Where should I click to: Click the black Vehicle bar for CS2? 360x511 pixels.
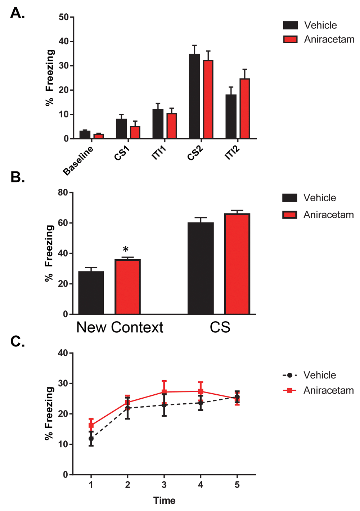click(194, 97)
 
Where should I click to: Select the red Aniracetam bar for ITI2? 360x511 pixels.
click(245, 109)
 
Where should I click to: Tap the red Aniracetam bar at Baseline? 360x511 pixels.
click(99, 136)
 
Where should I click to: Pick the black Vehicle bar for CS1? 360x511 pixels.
click(121, 129)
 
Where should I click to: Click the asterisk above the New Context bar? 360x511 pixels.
click(126, 249)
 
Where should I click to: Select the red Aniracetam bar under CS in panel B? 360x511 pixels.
click(237, 264)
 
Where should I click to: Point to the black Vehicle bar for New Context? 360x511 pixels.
click(91, 293)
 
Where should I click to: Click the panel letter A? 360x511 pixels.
click(17, 13)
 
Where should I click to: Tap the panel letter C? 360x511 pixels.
click(17, 341)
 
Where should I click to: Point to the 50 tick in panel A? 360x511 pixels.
click(64, 17)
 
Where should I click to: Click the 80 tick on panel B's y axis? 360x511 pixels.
click(63, 193)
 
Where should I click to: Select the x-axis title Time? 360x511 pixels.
click(164, 501)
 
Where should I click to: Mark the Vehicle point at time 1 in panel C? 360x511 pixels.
click(91, 439)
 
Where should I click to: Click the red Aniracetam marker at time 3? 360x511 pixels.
click(164, 392)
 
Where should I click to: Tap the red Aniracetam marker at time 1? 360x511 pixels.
click(91, 425)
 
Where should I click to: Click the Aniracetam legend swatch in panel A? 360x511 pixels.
click(290, 39)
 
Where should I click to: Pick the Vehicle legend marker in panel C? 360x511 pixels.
click(289, 375)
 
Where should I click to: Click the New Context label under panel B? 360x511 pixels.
click(120, 327)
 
